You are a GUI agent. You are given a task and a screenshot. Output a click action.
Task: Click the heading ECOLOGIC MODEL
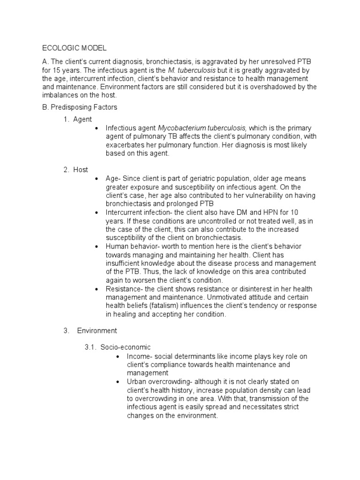click(x=75, y=48)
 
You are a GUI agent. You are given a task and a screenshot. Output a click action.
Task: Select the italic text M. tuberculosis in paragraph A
click(x=184, y=70)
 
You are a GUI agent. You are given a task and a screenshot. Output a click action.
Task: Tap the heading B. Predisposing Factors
click(x=80, y=107)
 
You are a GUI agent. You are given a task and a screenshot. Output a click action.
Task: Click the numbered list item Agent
click(x=82, y=120)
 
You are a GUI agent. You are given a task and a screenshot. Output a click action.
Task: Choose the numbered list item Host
click(x=81, y=170)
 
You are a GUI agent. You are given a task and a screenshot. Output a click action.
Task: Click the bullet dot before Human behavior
click(x=96, y=247)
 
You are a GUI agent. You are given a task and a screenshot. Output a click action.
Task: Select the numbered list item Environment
click(x=97, y=330)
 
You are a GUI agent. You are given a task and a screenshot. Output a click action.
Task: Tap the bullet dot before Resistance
click(x=96, y=289)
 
